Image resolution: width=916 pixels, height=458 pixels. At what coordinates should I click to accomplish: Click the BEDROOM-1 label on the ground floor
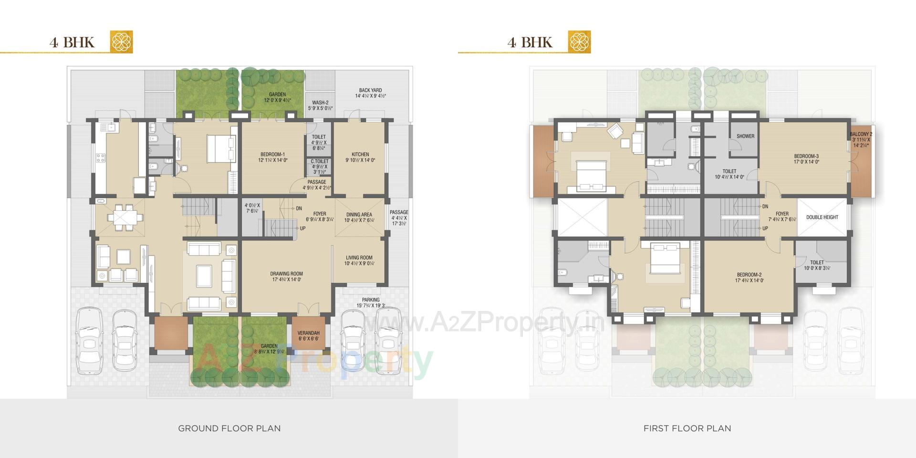click(272, 155)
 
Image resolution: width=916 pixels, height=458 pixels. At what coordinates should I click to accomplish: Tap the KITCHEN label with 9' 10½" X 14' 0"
click(360, 155)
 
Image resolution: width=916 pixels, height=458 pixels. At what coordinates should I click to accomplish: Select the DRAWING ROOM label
click(286, 274)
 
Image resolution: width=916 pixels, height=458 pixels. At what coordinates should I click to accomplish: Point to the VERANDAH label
click(308, 333)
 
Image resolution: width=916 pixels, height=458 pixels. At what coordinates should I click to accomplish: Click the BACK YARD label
click(370, 90)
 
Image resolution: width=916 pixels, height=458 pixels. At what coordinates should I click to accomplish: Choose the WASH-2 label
click(320, 103)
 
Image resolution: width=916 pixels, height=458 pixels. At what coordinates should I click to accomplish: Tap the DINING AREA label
click(359, 215)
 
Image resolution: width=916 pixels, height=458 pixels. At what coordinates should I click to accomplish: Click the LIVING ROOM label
click(359, 258)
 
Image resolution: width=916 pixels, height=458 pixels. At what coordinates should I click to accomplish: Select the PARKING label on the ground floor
click(371, 300)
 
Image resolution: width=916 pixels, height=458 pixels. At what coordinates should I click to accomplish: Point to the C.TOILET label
click(319, 162)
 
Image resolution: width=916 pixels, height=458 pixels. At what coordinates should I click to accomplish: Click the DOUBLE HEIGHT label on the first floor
click(822, 218)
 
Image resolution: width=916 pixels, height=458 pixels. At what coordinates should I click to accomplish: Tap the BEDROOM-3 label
click(806, 156)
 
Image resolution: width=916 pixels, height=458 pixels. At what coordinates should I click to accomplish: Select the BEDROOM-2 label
click(749, 275)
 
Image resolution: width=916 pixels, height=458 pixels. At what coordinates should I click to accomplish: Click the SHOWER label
click(745, 136)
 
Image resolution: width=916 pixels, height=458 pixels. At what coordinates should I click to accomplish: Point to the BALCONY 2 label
click(861, 135)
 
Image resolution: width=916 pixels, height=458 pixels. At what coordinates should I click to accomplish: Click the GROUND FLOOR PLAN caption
click(229, 428)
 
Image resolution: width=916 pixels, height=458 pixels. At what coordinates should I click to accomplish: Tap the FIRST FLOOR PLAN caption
click(687, 428)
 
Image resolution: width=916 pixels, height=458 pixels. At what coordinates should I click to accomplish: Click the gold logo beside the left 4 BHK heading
click(121, 42)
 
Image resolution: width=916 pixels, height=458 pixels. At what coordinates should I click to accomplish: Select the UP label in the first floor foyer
click(765, 229)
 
